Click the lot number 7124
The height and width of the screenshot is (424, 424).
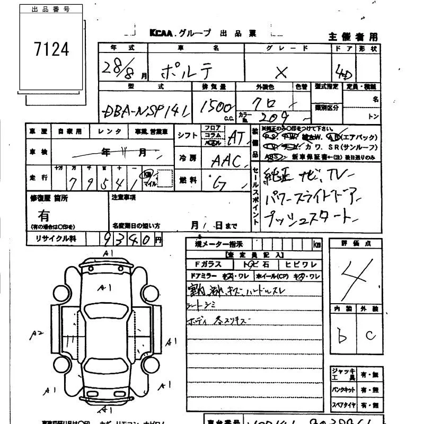51,49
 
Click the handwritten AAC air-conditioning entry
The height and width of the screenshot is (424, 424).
226,161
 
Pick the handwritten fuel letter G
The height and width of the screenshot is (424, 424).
218,183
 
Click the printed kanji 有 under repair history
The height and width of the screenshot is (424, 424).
44,216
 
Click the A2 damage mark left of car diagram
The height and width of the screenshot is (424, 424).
36,333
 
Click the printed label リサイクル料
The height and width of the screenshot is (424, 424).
56,239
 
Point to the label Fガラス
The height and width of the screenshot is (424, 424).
204,264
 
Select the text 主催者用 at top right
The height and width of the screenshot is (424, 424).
353,37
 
